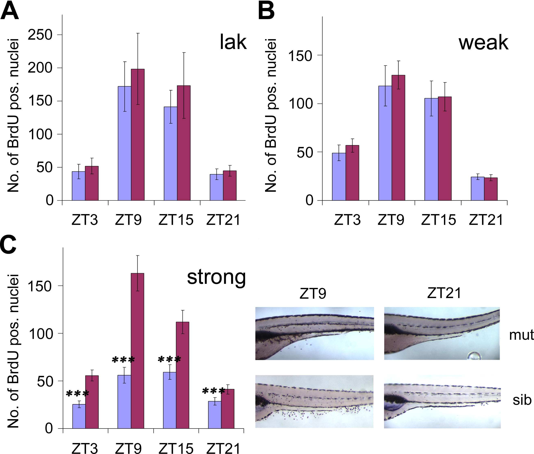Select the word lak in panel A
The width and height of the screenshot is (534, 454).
pos(233,42)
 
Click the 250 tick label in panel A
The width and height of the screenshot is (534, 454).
pos(40,35)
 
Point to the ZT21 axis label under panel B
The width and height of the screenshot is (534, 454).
pos(486,220)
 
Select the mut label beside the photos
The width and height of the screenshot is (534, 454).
pos(521,335)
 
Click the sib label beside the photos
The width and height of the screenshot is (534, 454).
pos(522,400)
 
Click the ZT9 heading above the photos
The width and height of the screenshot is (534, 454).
pos(313,293)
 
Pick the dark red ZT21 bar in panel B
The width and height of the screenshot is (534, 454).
pos(491,189)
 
